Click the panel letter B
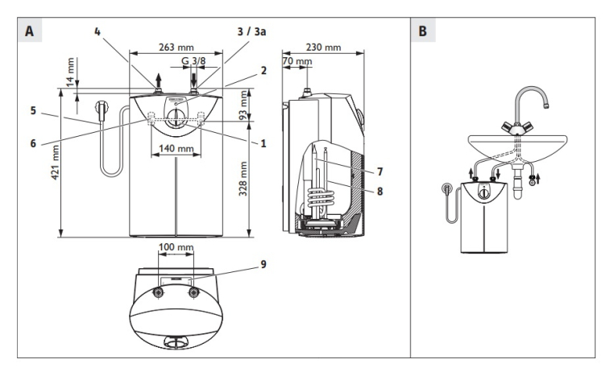(424, 33)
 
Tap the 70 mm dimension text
(297, 61)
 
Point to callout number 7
(379, 171)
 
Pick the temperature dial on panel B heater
(481, 193)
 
